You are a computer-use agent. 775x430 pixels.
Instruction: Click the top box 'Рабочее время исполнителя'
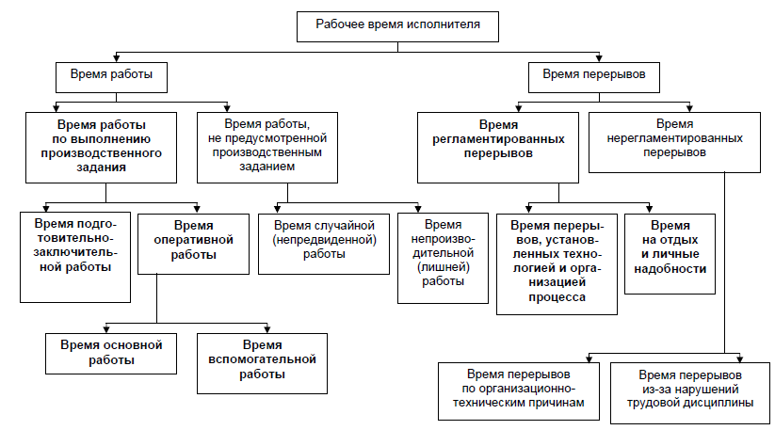(x=397, y=26)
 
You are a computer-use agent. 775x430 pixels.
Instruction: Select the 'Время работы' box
(x=111, y=77)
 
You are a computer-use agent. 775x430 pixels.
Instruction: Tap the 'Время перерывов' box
(x=593, y=77)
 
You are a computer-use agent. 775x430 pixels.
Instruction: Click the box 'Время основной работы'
(x=111, y=354)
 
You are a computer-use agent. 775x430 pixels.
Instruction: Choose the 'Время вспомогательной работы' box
(x=262, y=363)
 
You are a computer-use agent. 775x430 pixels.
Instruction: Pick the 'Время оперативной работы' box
(x=193, y=244)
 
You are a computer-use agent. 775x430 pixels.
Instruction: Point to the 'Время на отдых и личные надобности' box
(x=670, y=254)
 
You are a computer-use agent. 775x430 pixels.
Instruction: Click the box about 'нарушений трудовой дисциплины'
(x=690, y=393)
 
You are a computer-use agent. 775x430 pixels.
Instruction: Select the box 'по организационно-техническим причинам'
(x=519, y=391)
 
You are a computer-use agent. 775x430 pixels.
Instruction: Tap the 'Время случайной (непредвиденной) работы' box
(x=324, y=244)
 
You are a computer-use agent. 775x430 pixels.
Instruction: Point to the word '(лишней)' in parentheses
(x=443, y=267)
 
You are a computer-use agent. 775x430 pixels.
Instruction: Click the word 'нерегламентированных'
(x=674, y=138)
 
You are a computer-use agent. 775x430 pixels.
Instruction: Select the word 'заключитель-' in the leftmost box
(x=75, y=253)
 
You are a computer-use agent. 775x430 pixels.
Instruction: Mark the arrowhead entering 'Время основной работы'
(x=106, y=329)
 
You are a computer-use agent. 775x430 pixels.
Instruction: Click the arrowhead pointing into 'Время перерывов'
(x=599, y=58)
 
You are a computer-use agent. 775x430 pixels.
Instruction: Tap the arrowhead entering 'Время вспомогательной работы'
(x=267, y=329)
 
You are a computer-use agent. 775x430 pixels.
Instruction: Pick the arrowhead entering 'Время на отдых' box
(x=650, y=209)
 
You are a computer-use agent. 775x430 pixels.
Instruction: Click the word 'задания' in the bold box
(x=101, y=167)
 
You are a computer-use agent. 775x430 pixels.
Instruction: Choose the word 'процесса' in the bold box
(x=557, y=297)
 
